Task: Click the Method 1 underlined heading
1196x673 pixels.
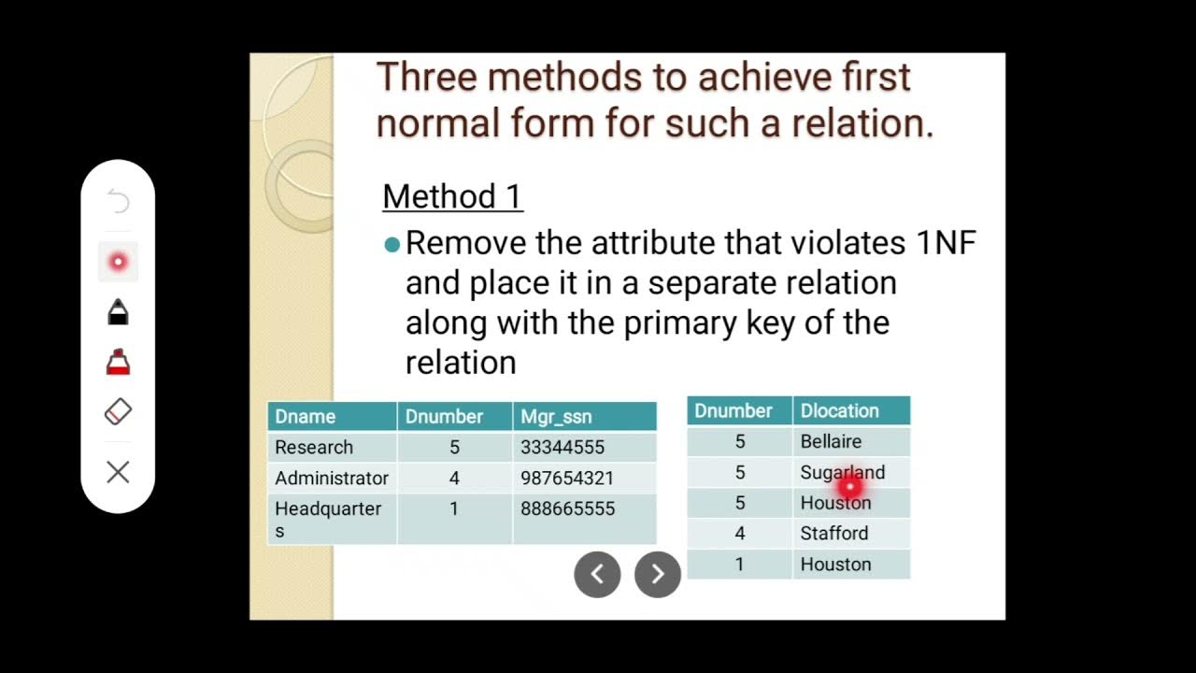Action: [x=452, y=196]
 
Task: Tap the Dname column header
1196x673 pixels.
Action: [x=305, y=417]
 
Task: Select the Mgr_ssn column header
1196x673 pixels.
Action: [x=556, y=417]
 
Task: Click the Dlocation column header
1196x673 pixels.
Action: [x=839, y=411]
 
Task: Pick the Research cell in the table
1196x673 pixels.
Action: [x=314, y=448]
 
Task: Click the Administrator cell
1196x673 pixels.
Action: [x=331, y=479]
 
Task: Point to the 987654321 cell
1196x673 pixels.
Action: [x=567, y=479]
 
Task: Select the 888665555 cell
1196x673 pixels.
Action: [x=567, y=509]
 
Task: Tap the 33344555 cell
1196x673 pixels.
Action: [x=562, y=448]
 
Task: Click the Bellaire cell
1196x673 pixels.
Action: [x=831, y=441]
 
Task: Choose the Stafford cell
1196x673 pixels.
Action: [x=833, y=534]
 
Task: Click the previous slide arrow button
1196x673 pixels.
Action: [x=597, y=574]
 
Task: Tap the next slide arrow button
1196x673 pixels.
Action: [x=658, y=574]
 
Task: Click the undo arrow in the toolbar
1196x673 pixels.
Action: [x=118, y=201]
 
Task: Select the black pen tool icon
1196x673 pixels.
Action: [x=118, y=311]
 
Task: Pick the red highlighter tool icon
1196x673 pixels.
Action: [x=118, y=362]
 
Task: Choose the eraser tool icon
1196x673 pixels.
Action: [x=118, y=411]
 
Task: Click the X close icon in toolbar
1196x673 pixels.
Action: [x=118, y=472]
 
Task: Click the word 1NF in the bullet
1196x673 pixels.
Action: [x=945, y=244]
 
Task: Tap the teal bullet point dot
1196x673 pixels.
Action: [x=392, y=245]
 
